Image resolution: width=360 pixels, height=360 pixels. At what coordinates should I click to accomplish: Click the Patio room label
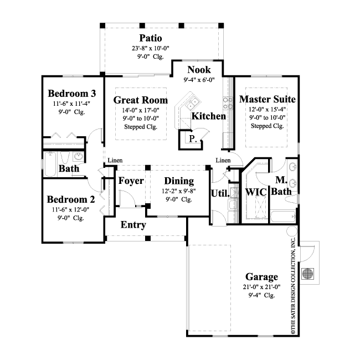[151, 38]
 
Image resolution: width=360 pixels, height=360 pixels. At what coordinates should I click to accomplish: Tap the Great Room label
[140, 100]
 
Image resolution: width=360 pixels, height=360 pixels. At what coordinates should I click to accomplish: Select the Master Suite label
[267, 99]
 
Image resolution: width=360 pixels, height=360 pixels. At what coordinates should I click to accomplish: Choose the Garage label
[261, 277]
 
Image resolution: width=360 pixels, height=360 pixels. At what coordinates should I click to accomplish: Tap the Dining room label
[179, 181]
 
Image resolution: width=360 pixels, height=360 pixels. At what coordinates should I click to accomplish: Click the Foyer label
[131, 181]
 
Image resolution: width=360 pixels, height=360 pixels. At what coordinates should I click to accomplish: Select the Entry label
[133, 225]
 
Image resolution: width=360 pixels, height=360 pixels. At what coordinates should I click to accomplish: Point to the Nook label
[199, 70]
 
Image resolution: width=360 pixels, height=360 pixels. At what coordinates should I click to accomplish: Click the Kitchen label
[208, 116]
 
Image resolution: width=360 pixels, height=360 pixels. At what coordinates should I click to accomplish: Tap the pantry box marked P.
[193, 139]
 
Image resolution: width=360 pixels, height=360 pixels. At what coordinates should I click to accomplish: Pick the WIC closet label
[256, 192]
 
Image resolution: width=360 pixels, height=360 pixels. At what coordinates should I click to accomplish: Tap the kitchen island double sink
[192, 104]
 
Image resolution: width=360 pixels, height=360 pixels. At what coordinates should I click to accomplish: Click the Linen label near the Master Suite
[223, 161]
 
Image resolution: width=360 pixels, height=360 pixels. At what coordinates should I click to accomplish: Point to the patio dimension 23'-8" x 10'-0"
[151, 48]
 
